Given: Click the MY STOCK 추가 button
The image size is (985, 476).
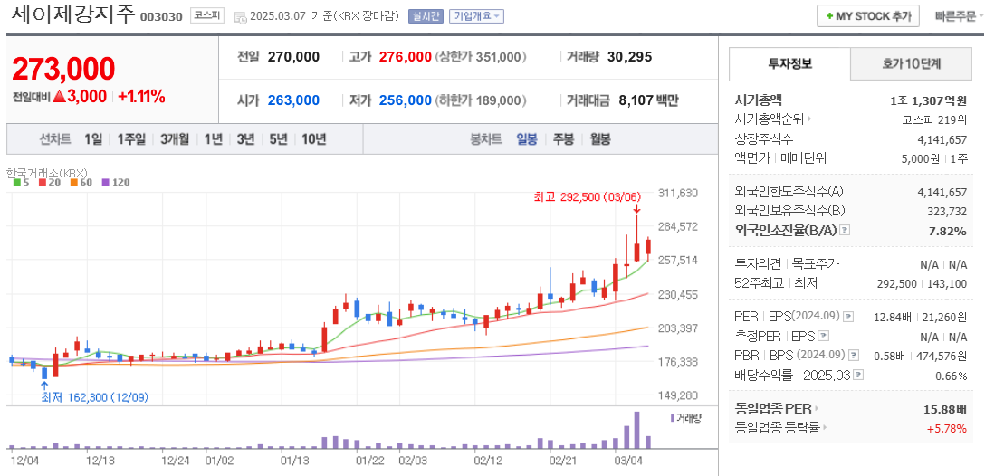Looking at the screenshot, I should [x=868, y=16].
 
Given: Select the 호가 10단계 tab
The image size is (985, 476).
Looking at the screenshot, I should [x=912, y=64].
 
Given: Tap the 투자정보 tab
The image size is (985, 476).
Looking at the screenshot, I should [x=790, y=64].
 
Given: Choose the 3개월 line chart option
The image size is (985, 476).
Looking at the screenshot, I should [x=175, y=139].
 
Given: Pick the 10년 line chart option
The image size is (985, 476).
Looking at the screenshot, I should [x=314, y=139].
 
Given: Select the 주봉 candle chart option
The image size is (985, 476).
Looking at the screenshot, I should [x=563, y=139].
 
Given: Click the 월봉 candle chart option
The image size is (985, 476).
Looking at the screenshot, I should [x=600, y=139].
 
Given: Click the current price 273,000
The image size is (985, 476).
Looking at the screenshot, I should [x=63, y=69].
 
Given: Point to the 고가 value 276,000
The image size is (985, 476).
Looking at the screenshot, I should [x=405, y=57].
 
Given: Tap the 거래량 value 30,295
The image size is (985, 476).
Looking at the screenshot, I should [x=629, y=57].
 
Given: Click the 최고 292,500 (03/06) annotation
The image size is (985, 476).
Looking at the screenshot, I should [x=587, y=195].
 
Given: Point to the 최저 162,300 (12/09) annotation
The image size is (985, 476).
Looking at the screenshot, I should [x=94, y=397].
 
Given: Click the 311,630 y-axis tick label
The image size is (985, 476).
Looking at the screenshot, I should [x=678, y=193].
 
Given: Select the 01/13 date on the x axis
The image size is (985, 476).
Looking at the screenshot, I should [x=295, y=460].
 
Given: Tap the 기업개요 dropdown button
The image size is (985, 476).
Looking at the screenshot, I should [x=477, y=16].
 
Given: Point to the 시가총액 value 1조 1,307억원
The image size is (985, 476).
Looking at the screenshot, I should [x=929, y=100].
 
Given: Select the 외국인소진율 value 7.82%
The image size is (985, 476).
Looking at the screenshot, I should [x=947, y=231].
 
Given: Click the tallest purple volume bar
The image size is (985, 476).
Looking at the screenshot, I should [x=636, y=430].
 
